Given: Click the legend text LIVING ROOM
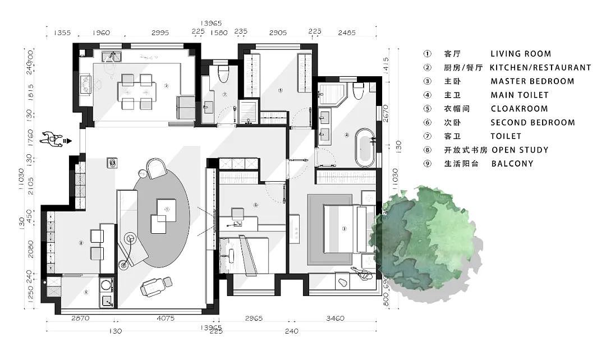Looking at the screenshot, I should point(521,54).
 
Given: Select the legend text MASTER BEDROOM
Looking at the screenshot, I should point(532,81).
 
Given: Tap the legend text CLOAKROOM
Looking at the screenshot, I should point(519,109).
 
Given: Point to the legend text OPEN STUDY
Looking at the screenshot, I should point(520,150).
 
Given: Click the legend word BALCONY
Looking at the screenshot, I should point(512,164).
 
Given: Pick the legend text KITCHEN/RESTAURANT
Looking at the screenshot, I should point(540,67).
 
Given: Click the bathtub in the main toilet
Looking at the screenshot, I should point(365,147).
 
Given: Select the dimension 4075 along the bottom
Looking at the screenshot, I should point(165,319).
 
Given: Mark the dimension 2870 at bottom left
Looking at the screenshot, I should point(80,319).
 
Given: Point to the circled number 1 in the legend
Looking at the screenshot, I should point(428,54).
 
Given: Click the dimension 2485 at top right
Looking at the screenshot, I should point(347,33).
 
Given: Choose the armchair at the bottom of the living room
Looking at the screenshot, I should point(155,287).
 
